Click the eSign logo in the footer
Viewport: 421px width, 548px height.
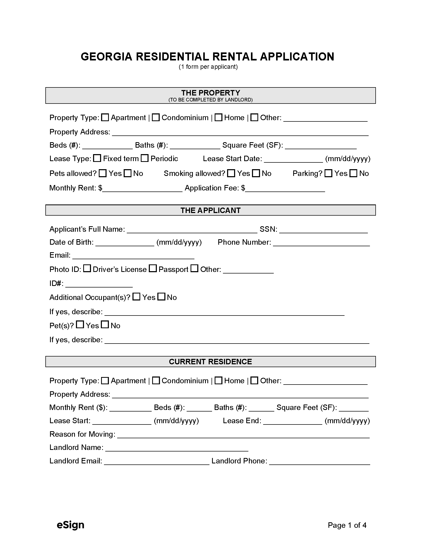pyautogui.click(x=71, y=525)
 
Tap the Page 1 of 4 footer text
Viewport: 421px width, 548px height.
pyautogui.click(x=347, y=525)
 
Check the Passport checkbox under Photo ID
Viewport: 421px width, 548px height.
pyautogui.click(x=153, y=269)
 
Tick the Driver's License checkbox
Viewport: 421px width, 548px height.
pyautogui.click(x=87, y=269)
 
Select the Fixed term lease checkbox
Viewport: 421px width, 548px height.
pyautogui.click(x=97, y=158)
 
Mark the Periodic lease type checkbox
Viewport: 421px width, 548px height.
pyautogui.click(x=145, y=158)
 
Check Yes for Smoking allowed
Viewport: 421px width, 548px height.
pyautogui.click(x=231, y=173)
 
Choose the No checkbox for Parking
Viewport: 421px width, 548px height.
pyautogui.click(x=353, y=173)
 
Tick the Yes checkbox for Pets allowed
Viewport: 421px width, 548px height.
pyautogui.click(x=103, y=173)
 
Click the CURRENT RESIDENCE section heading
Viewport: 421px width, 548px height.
pyautogui.click(x=210, y=362)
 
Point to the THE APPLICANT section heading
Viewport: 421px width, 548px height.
pyautogui.click(x=210, y=210)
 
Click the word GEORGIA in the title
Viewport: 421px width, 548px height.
pyautogui.click(x=107, y=57)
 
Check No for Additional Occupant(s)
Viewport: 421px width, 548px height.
pyautogui.click(x=162, y=297)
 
